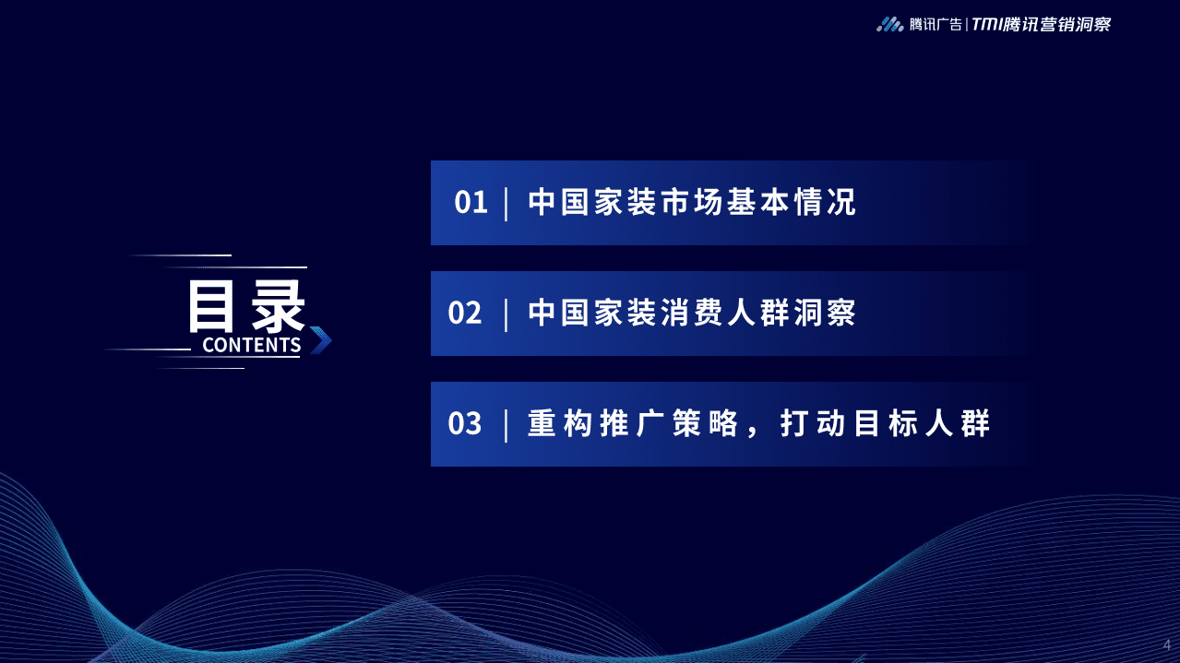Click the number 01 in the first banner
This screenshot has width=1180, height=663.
471,203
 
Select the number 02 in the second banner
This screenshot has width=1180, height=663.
465,314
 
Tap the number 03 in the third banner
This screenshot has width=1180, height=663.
465,424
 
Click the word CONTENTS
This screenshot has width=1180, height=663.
251,345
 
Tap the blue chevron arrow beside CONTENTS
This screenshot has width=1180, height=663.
320,340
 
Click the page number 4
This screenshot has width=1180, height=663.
1166,644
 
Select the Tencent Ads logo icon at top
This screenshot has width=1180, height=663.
889,25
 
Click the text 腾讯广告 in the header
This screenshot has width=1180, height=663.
936,25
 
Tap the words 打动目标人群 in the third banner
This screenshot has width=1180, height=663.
885,424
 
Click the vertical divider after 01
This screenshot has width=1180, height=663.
507,203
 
